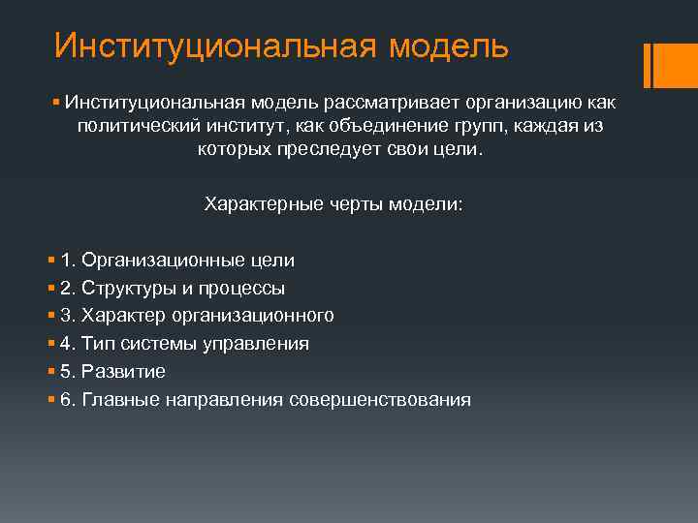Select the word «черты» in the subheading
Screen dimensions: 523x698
[345, 204]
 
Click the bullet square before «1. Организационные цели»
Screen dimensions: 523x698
[50, 261]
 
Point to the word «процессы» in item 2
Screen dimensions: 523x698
[245, 288]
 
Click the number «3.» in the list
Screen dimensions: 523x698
[68, 316]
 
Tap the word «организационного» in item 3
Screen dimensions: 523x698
[253, 316]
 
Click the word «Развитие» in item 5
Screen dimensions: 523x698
[124, 371]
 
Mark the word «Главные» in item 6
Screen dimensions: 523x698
[119, 399]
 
